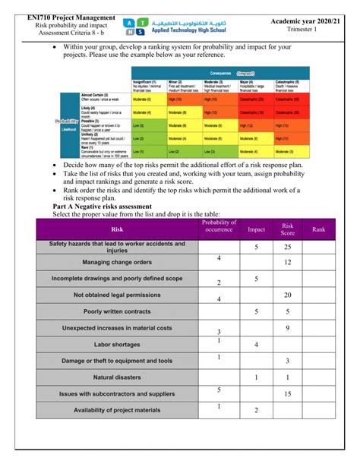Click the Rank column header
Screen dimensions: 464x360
(318, 229)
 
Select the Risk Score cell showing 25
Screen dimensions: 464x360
(288, 248)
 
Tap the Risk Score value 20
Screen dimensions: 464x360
(288, 295)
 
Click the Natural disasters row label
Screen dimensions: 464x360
(117, 377)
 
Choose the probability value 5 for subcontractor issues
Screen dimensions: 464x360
(219, 390)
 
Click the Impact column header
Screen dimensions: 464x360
(256, 229)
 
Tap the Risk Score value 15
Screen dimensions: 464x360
(288, 394)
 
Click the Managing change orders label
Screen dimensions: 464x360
(117, 262)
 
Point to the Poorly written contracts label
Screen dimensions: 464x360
(117, 311)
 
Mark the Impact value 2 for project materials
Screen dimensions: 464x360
(256, 411)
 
